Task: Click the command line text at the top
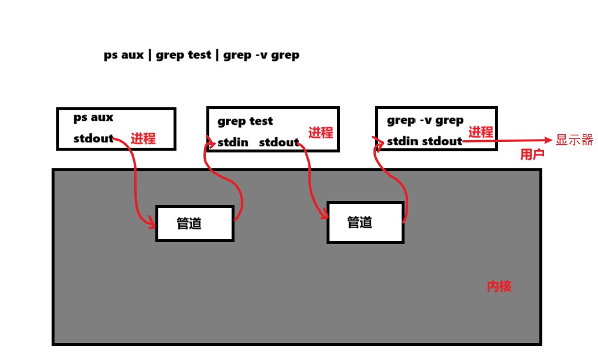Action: (x=202, y=56)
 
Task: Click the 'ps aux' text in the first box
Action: (x=93, y=117)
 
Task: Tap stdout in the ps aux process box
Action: (x=93, y=139)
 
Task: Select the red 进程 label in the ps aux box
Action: (x=143, y=139)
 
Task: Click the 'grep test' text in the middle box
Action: (x=245, y=121)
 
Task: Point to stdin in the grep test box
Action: (x=233, y=142)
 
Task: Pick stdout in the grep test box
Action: (x=278, y=142)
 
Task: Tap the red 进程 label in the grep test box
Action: (x=321, y=133)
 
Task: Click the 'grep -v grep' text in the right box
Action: (x=425, y=120)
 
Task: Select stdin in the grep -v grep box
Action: (x=402, y=141)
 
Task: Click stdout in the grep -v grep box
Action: (x=442, y=141)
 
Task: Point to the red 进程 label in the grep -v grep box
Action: (x=481, y=133)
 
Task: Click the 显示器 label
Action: (x=575, y=140)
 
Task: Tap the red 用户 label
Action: (x=532, y=155)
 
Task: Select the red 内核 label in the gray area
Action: (x=500, y=287)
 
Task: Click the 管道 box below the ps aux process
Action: (x=195, y=223)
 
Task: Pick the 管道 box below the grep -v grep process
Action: (x=365, y=222)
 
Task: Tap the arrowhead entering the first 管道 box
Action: (x=152, y=223)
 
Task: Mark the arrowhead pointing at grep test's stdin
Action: (x=212, y=141)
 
